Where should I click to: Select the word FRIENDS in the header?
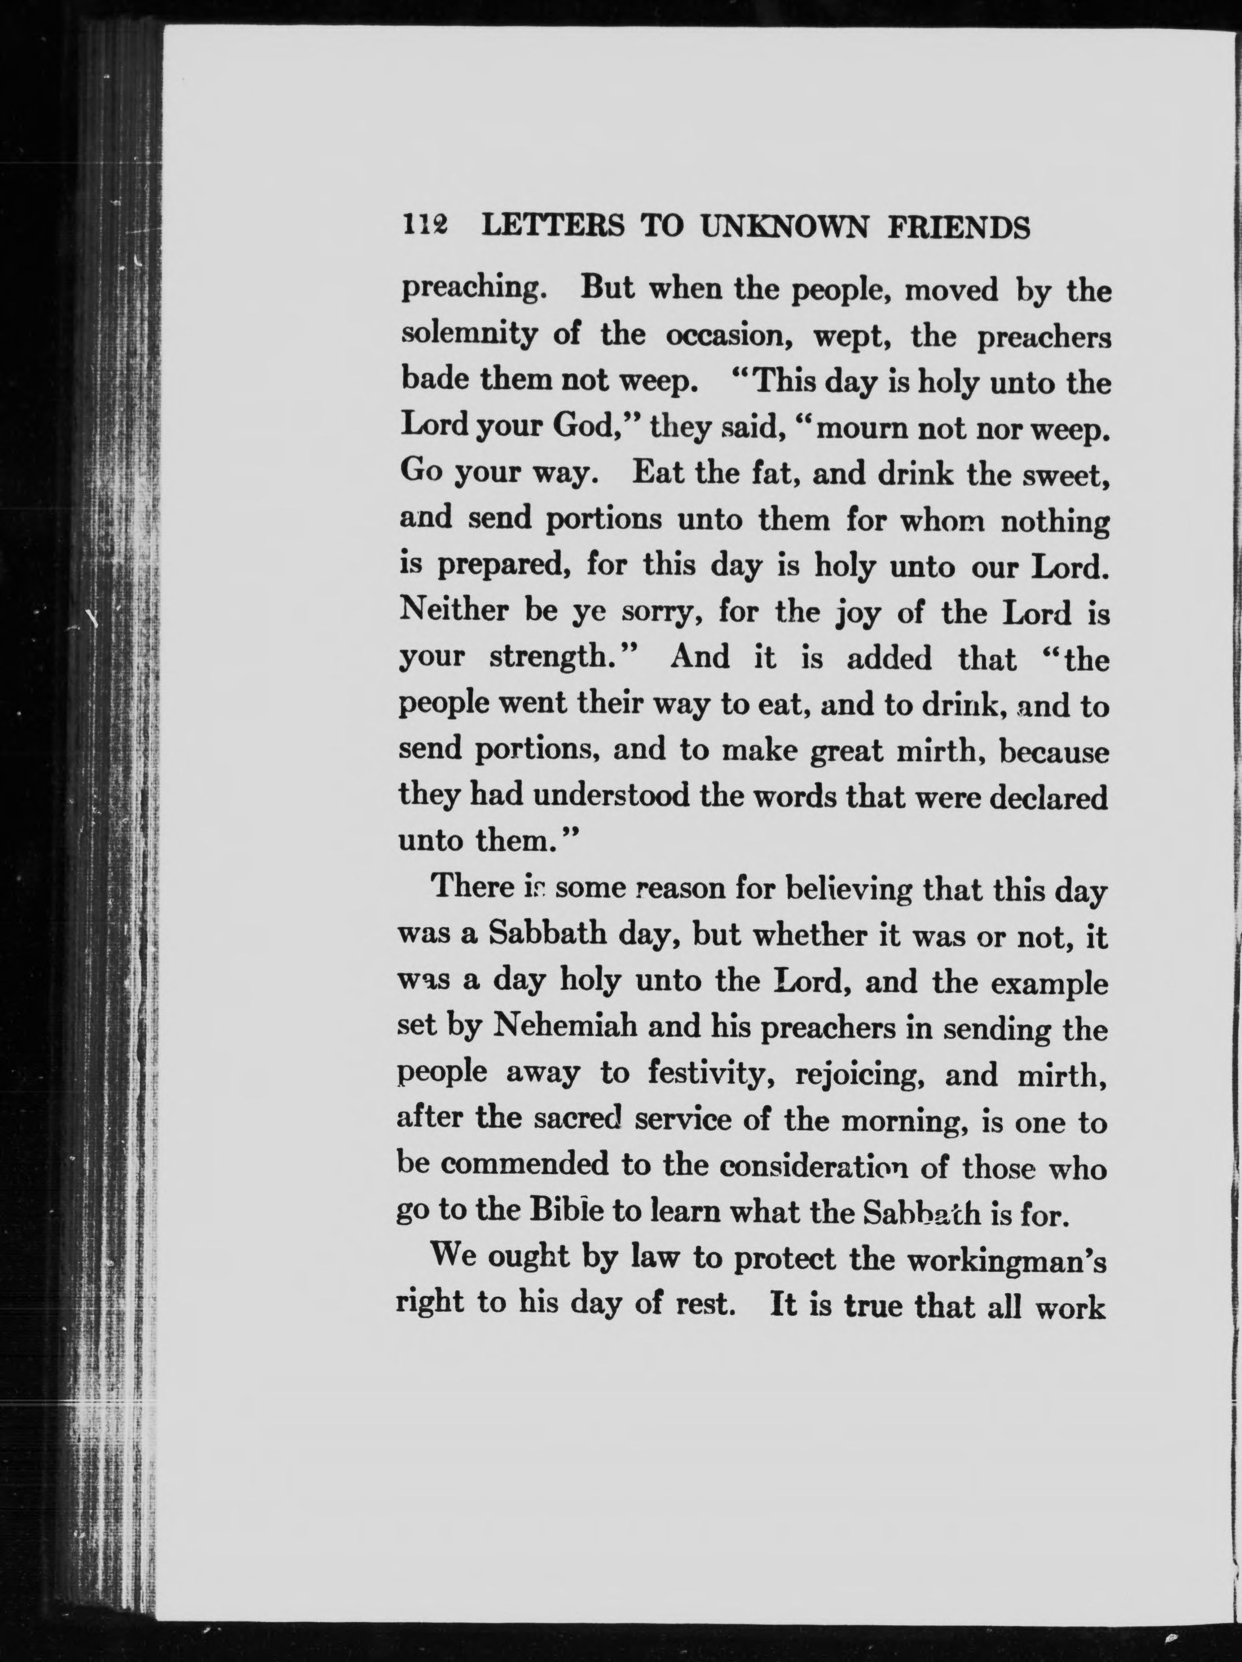point(959,226)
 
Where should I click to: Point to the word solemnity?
point(469,334)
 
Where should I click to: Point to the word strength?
point(556,658)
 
